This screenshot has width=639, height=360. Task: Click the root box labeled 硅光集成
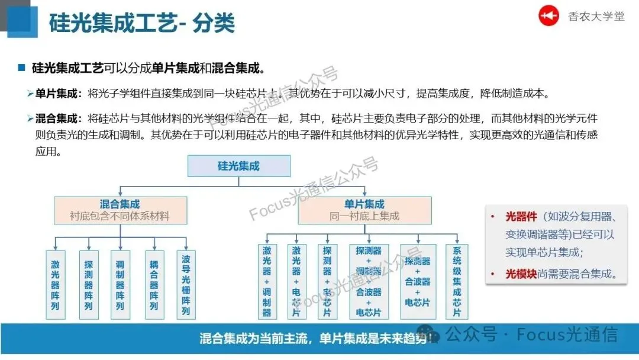point(238,166)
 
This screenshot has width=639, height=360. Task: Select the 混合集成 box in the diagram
point(120,210)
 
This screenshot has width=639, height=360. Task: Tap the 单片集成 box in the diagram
point(364,210)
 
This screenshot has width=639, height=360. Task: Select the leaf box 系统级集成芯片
point(457,282)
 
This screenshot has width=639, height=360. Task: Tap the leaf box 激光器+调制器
point(267,282)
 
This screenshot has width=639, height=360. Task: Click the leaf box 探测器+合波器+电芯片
point(418,282)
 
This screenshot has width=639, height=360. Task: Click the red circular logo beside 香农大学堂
point(548,16)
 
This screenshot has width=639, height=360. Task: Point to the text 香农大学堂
point(596,16)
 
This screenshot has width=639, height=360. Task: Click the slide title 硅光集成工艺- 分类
point(141,23)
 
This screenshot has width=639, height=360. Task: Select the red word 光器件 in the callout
point(521,216)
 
